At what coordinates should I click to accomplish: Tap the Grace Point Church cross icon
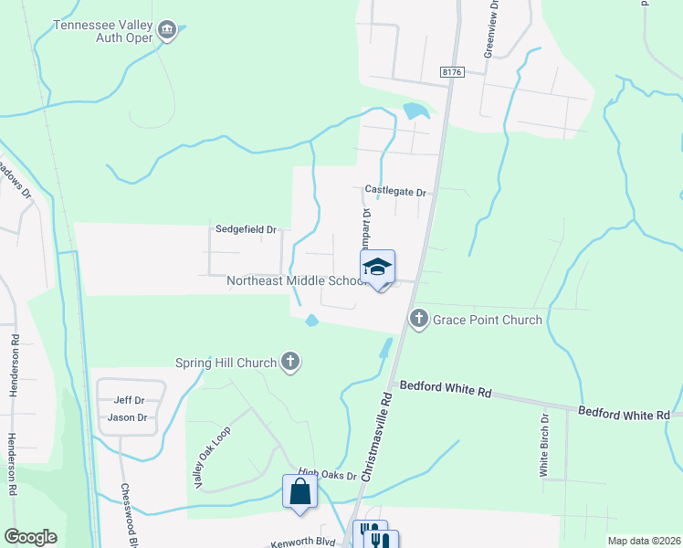point(419,320)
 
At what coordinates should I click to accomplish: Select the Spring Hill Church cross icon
point(290,362)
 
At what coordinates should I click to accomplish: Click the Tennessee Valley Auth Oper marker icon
point(167,30)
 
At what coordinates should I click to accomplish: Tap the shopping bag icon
point(299,492)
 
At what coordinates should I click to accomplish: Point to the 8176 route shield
point(451,70)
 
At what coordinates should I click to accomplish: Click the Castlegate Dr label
point(395,191)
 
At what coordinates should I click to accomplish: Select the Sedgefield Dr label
point(246,229)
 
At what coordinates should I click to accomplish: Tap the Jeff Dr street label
point(129,400)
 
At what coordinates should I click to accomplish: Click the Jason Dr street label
point(127,417)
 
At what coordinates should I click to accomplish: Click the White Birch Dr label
point(544,445)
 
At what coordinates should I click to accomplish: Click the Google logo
point(30,537)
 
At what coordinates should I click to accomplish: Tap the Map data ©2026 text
point(644,541)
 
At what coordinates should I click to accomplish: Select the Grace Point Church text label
point(488,320)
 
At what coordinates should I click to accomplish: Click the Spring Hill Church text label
point(226,363)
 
